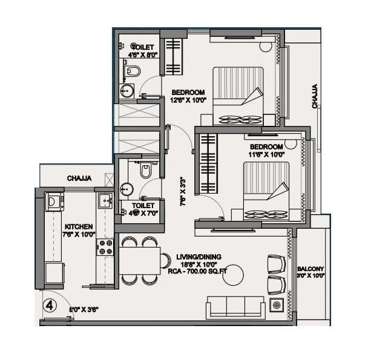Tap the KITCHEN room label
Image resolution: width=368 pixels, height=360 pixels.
pos(79,227)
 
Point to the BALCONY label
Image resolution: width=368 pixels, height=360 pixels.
pos(311,269)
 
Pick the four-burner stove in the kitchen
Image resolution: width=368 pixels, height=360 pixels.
pos(105,246)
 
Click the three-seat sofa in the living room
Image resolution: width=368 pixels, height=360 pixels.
pos(235,307)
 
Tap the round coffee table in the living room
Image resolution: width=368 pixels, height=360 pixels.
pos(232,275)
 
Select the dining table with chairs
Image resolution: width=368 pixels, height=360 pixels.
pos(140,260)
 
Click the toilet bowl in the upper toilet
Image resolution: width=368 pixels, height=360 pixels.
pos(133,72)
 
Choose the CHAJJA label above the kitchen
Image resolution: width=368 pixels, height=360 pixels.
pos(79,178)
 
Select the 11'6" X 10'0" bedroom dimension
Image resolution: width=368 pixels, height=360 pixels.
pos(266,154)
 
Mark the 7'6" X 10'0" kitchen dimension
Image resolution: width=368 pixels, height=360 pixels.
pos(79,235)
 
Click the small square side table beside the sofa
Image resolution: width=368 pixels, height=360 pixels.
pos(277,305)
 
